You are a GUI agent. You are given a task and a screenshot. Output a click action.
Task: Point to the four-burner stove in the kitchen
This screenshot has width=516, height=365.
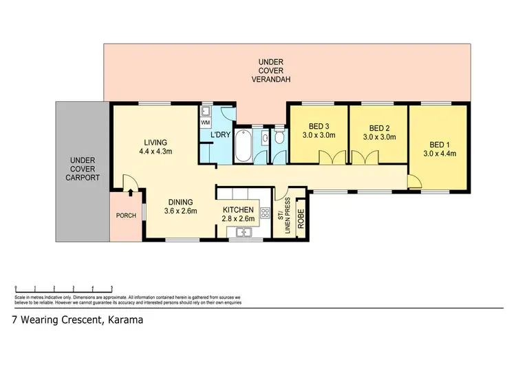(265, 212)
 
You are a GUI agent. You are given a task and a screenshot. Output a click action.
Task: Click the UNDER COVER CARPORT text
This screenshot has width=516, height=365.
(81, 169)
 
